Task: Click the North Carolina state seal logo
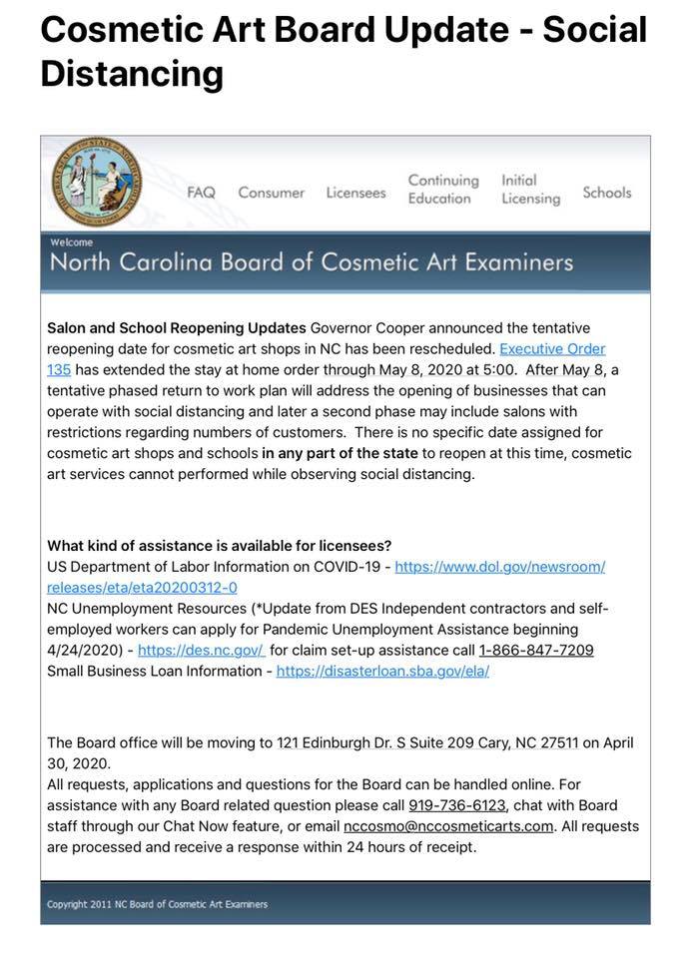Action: pyautogui.click(x=97, y=182)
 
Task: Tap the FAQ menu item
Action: pyautogui.click(x=201, y=193)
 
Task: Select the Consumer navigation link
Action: pyautogui.click(x=271, y=193)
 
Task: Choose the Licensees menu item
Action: pyautogui.click(x=355, y=193)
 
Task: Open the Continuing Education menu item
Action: pyautogui.click(x=442, y=190)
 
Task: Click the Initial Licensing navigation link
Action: pyautogui.click(x=530, y=190)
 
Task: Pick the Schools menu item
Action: pyautogui.click(x=607, y=193)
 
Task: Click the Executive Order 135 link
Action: pyautogui.click(x=552, y=349)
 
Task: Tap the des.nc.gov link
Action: pyautogui.click(x=201, y=650)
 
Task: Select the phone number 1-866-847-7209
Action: pyautogui.click(x=536, y=650)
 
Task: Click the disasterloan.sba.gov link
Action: pyautogui.click(x=382, y=671)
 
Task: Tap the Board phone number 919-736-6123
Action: pyautogui.click(x=457, y=805)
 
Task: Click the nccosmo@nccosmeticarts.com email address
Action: pyautogui.click(x=447, y=826)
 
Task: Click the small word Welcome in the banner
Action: pyautogui.click(x=71, y=242)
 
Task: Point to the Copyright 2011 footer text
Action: pyautogui.click(x=157, y=904)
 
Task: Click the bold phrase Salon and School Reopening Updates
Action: pyautogui.click(x=176, y=328)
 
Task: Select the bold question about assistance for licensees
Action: pyautogui.click(x=219, y=546)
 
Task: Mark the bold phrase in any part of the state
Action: pyautogui.click(x=334, y=453)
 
